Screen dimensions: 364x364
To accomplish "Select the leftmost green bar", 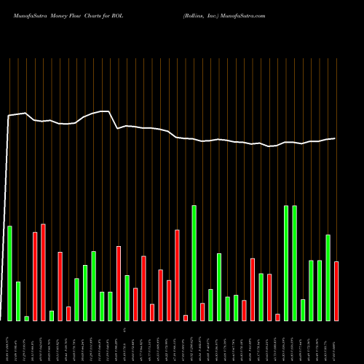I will [x=10, y=273].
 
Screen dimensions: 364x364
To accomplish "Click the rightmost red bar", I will [x=336, y=290].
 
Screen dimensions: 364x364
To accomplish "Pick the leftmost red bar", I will [x=35, y=276].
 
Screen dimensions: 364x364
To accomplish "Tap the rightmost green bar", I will [x=328, y=277].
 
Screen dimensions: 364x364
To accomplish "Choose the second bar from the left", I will [x=18, y=301].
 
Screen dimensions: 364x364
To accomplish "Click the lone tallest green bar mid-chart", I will [x=194, y=263].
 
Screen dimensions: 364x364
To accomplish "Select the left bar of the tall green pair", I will [x=286, y=263].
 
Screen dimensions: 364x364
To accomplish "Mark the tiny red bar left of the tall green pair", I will [x=278, y=317].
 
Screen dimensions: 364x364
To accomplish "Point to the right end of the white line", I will [x=335, y=138].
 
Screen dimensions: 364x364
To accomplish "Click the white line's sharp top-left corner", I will [x=9, y=116].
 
